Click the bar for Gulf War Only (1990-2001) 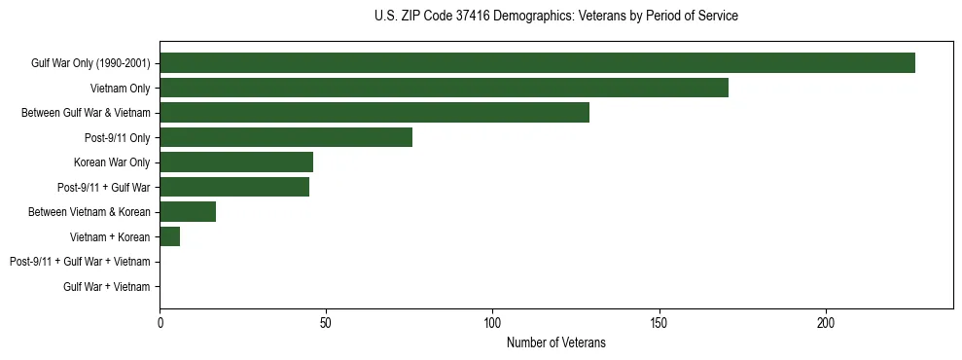(x=537, y=63)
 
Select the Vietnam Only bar (x=444, y=88)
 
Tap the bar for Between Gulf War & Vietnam (x=374, y=113)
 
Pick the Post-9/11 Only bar (x=286, y=137)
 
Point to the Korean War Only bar (x=236, y=162)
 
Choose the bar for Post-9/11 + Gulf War (x=234, y=187)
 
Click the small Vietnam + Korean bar (x=170, y=236)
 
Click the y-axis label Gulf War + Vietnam (x=107, y=287)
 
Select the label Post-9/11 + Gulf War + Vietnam (x=80, y=262)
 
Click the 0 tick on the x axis (x=160, y=322)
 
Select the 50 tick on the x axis (x=326, y=322)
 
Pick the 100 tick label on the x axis (x=492, y=322)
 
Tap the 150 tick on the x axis (x=659, y=322)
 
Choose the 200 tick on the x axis (x=826, y=322)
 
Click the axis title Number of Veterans (x=555, y=342)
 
